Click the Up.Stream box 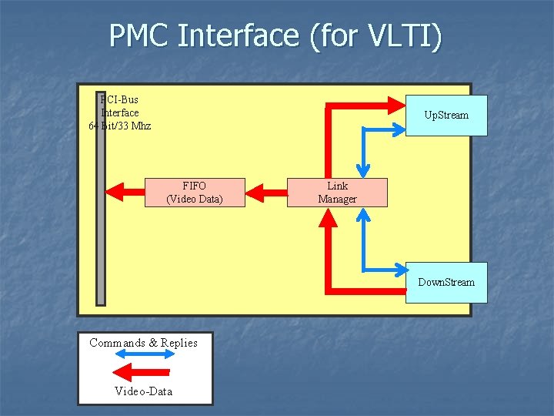446,116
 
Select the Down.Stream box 446,282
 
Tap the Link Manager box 337,193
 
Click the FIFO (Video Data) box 195,193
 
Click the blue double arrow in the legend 145,355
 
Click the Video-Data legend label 144,391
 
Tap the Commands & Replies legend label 144,343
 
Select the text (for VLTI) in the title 376,36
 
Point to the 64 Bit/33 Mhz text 121,126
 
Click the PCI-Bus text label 120,99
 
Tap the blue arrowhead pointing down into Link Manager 362,171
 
